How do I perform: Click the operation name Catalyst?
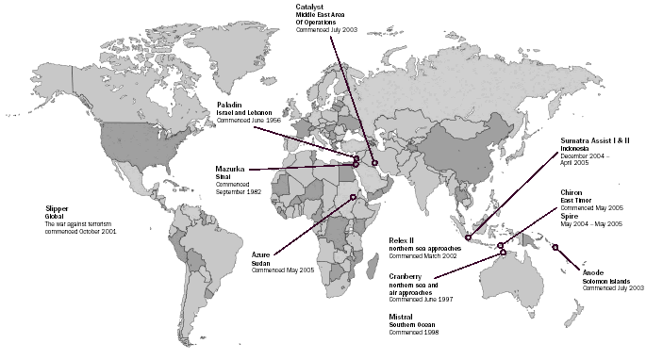(310, 7)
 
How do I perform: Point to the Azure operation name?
(261, 254)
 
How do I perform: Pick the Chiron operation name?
(572, 191)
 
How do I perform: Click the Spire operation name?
(569, 215)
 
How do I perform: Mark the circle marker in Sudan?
(353, 197)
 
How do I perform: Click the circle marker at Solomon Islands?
(555, 247)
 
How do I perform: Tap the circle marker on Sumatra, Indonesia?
(468, 237)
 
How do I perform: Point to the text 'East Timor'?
(576, 200)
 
